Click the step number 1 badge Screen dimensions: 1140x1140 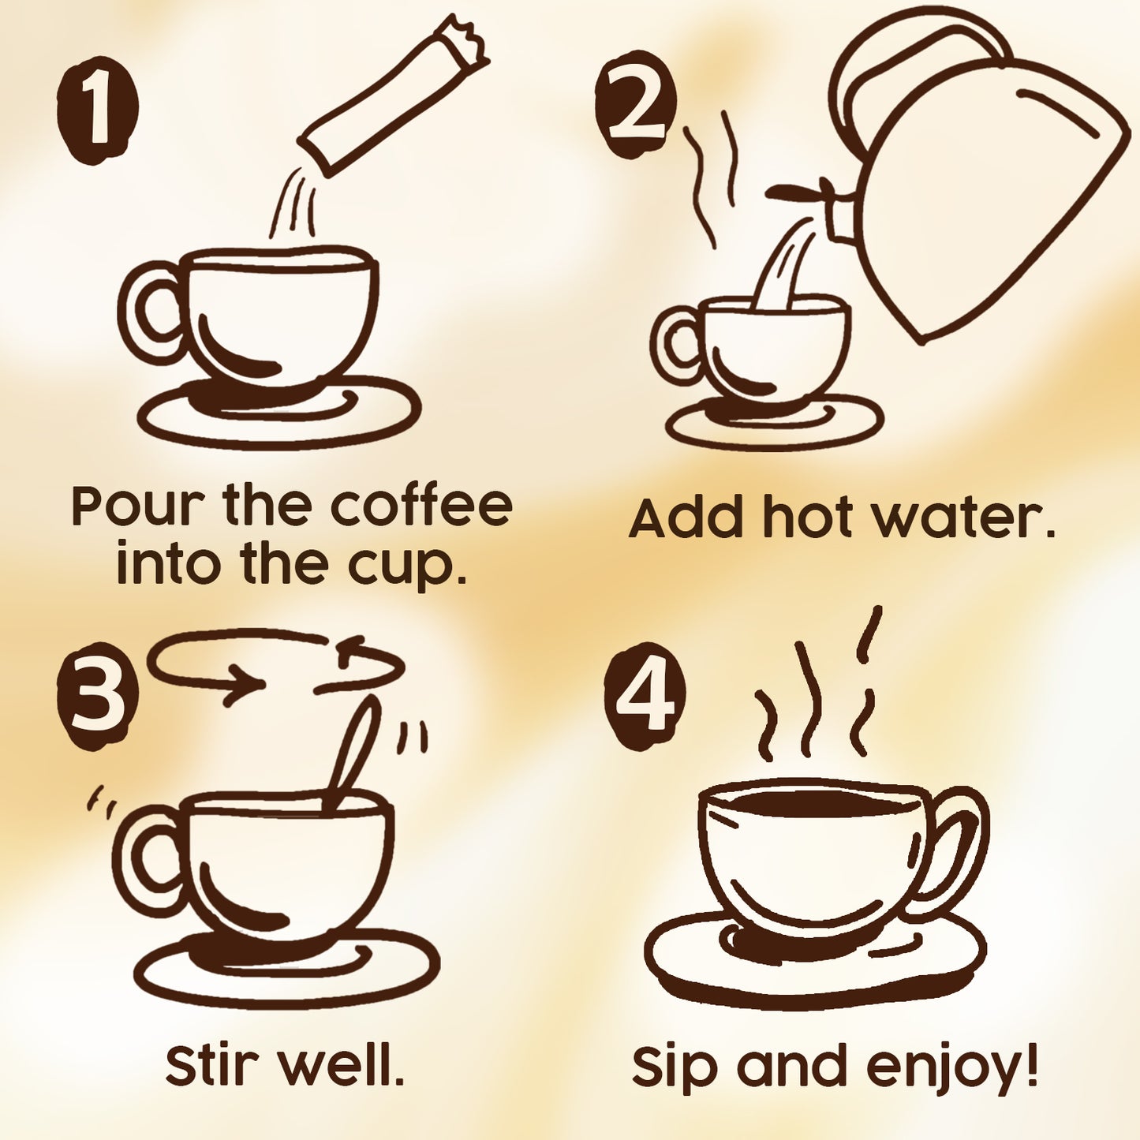tap(97, 110)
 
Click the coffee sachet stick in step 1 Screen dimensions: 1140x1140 tap(392, 95)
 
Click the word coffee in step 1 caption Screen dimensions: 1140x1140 tap(421, 506)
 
